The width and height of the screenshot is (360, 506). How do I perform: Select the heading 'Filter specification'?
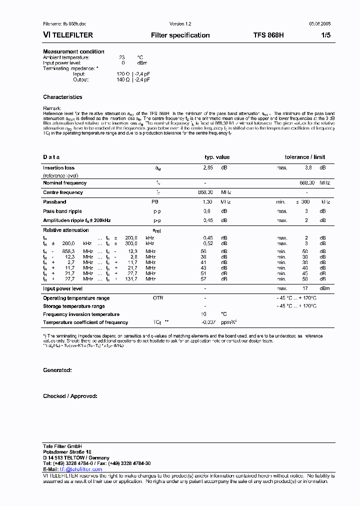(x=180, y=35)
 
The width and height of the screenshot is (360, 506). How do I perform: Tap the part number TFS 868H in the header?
(x=268, y=35)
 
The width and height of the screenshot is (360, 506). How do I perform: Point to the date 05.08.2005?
(x=319, y=23)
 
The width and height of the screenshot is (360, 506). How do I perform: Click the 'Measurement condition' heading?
(x=73, y=51)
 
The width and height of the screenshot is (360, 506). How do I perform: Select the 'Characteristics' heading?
(x=62, y=97)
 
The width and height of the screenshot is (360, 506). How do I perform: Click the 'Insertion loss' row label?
(x=58, y=168)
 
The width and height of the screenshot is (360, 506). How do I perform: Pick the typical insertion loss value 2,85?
(x=207, y=168)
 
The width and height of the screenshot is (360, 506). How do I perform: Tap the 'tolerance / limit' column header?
(x=304, y=157)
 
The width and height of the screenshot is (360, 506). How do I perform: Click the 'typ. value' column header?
(x=217, y=157)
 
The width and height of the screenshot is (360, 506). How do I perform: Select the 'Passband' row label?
(x=54, y=202)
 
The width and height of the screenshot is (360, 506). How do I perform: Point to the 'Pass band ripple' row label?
(x=62, y=211)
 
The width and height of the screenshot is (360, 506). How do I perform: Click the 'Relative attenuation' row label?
(x=65, y=230)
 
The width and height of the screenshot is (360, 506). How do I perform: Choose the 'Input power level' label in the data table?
(x=62, y=288)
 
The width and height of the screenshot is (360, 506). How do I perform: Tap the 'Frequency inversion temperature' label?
(x=81, y=314)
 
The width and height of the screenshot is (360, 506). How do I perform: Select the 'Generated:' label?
(x=57, y=370)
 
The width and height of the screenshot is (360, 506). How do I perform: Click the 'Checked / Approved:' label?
(x=70, y=396)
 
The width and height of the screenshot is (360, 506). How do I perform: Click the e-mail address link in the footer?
(x=81, y=469)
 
